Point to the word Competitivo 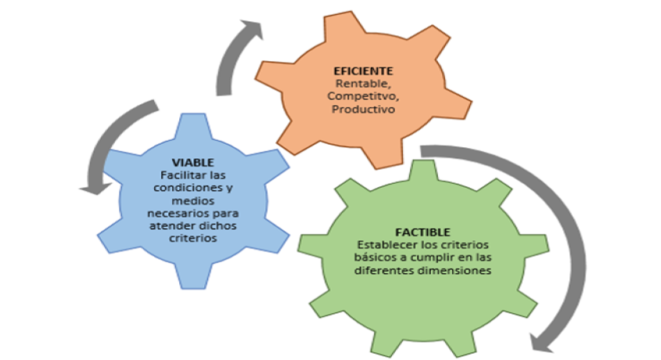tap(362, 97)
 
